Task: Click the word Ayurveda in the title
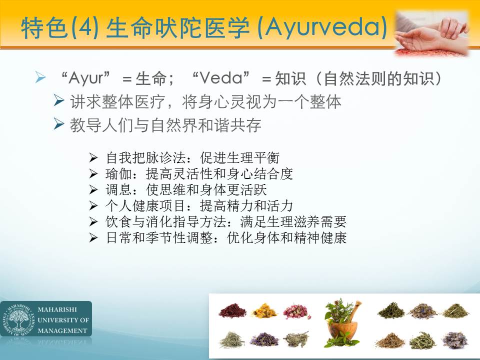(322, 28)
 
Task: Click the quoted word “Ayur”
(85, 78)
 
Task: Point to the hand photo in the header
(431, 33)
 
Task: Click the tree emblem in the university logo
(18, 319)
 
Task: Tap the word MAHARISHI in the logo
(57, 309)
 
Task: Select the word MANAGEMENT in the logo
(62, 330)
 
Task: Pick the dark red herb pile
(232, 310)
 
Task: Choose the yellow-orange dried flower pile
(264, 310)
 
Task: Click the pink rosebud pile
(296, 311)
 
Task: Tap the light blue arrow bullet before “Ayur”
(40, 77)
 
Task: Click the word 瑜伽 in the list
(118, 174)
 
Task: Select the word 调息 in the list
(118, 190)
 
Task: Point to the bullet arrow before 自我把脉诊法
(93, 158)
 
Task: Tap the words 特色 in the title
(44, 28)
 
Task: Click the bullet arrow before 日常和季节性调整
(93, 237)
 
